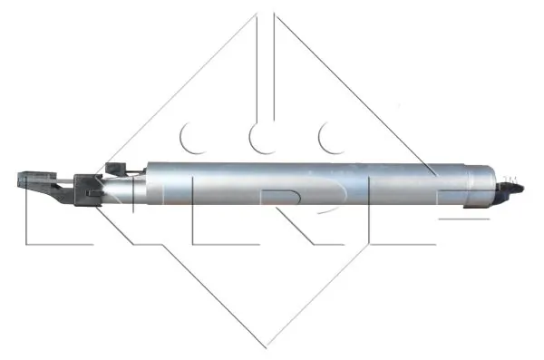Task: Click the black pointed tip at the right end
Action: [x=512, y=189]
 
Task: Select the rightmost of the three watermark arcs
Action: [x=330, y=139]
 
